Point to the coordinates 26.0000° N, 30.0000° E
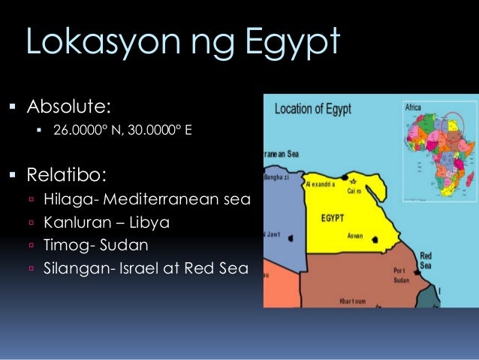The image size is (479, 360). pyautogui.click(x=122, y=132)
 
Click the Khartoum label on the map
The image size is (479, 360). pyautogui.click(x=349, y=301)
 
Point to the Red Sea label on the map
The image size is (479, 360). pyautogui.click(x=426, y=261)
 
